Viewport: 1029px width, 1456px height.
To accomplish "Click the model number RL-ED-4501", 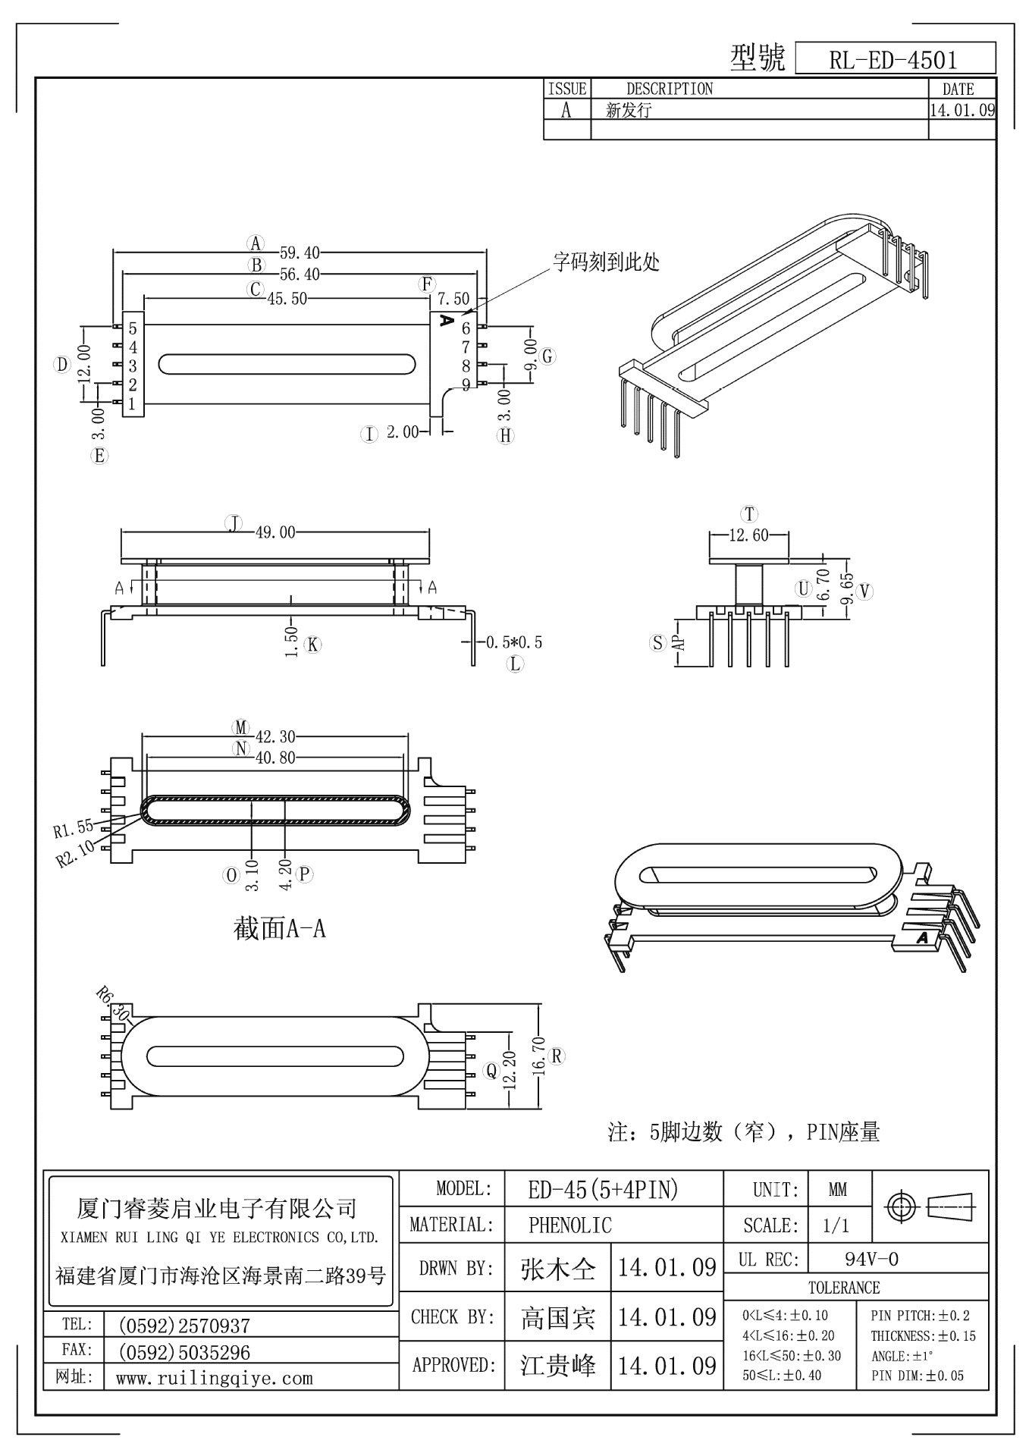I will click(893, 60).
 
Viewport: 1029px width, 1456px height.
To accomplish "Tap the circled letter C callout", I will click(256, 289).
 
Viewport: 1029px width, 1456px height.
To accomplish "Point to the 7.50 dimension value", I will click(453, 299).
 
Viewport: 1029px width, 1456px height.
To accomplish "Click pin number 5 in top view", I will click(133, 328).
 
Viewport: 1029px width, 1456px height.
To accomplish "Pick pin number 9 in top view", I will click(466, 384).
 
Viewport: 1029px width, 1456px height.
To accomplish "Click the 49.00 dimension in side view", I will click(275, 532).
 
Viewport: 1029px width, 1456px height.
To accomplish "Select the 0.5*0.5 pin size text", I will click(514, 642).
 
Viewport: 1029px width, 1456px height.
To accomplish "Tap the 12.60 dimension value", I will click(748, 535).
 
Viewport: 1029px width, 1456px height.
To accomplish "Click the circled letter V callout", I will click(865, 591).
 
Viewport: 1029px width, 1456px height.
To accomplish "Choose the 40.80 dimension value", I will click(275, 757).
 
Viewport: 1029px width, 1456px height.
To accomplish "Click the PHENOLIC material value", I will click(569, 1225).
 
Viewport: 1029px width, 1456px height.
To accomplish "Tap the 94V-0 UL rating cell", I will click(871, 1260).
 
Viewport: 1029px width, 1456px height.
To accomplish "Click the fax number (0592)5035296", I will click(184, 1352).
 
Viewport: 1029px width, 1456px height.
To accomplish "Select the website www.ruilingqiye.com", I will click(214, 1378).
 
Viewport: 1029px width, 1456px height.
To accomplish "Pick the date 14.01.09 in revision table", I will click(962, 110).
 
